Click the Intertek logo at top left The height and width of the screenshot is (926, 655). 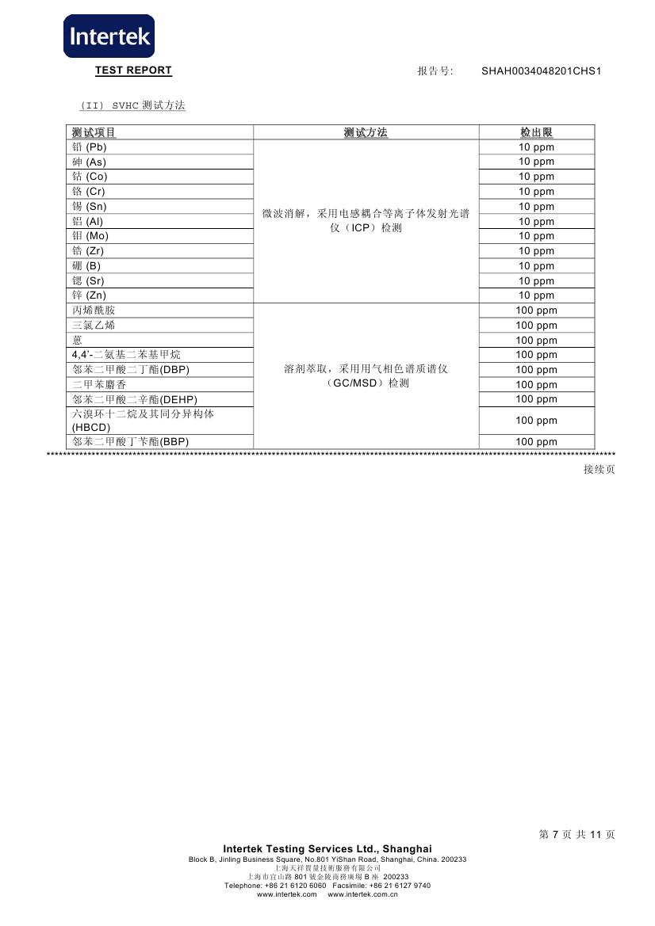109,36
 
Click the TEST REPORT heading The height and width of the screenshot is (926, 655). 133,70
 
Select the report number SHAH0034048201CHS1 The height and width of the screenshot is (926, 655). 542,71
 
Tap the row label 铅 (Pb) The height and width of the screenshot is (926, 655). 90,147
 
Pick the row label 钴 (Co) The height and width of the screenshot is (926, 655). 90,177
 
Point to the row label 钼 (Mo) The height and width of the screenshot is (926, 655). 90,236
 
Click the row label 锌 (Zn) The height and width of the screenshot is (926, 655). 90,295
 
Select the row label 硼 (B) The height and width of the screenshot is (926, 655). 86,266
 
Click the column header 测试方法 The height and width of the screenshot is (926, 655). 366,132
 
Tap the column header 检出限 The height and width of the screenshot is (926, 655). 536,132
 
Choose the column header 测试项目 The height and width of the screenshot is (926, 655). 94,132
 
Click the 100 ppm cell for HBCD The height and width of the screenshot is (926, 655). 536,421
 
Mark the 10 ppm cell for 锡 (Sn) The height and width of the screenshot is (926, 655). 536,207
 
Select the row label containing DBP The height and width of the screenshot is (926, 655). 131,370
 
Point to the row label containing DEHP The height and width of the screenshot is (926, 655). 135,399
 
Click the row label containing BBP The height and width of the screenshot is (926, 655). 131,442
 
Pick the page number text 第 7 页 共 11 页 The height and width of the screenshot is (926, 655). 576,834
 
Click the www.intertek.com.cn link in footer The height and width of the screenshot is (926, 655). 362,894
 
